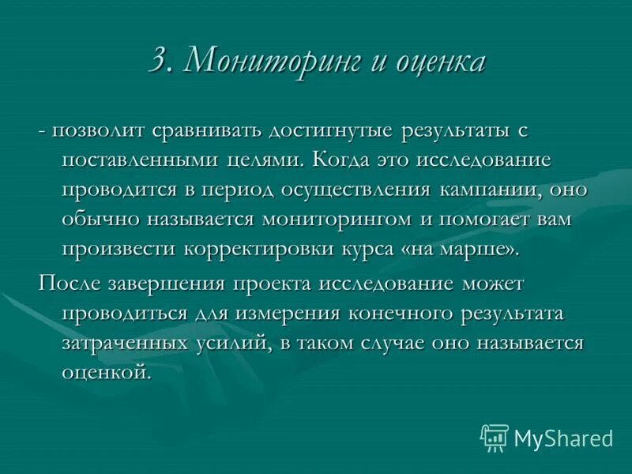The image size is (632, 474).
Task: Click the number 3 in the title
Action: [160, 62]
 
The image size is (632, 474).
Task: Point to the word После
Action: [66, 282]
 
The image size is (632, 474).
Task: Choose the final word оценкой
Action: [105, 371]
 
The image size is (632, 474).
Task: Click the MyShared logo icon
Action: [495, 436]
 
